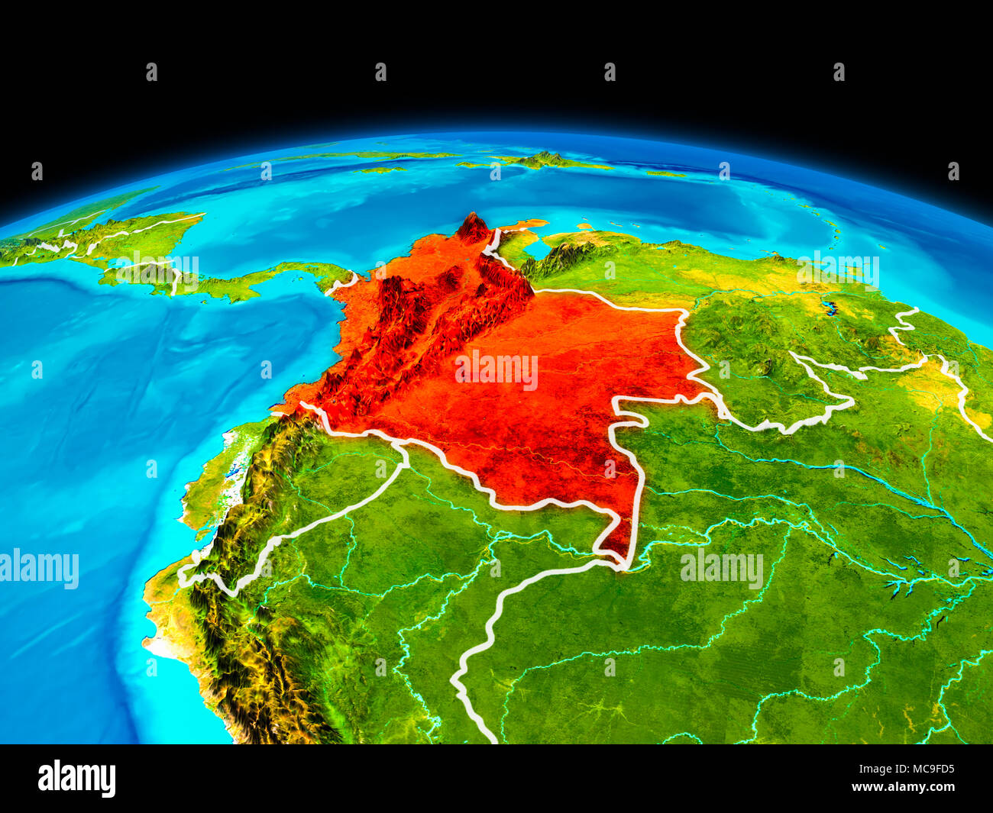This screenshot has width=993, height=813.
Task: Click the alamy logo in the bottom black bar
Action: click(x=76, y=779)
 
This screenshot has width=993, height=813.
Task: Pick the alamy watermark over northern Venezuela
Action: click(x=838, y=269)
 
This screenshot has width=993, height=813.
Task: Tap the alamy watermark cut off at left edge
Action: click(x=38, y=569)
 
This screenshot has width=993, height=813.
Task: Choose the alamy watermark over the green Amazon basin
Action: click(x=722, y=568)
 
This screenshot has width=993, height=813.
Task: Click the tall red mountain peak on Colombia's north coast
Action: click(x=473, y=227)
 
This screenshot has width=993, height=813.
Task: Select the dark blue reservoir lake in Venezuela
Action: click(x=828, y=309)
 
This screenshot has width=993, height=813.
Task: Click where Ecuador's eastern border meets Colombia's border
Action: click(x=403, y=449)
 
